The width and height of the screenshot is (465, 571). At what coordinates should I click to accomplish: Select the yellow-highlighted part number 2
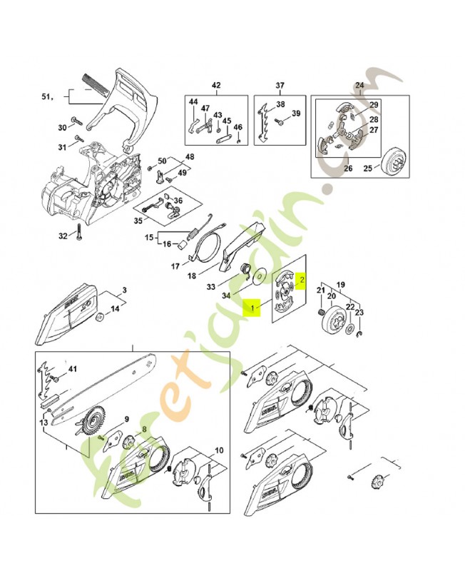[302, 281]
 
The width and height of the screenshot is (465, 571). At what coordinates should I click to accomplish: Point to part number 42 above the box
[216, 85]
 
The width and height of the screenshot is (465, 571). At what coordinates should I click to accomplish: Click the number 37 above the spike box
[280, 85]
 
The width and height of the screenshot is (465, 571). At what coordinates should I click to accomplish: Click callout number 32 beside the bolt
[63, 236]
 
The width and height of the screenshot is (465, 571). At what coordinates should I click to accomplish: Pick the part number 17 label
[175, 267]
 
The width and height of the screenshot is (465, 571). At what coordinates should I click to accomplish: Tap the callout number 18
[191, 276]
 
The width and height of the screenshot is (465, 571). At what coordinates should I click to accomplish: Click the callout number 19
[341, 283]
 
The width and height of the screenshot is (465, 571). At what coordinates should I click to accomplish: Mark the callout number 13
[44, 423]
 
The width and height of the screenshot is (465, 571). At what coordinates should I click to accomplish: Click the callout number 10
[219, 450]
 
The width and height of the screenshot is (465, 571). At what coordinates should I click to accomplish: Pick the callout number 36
[178, 201]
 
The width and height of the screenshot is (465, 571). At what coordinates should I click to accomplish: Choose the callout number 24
[359, 85]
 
